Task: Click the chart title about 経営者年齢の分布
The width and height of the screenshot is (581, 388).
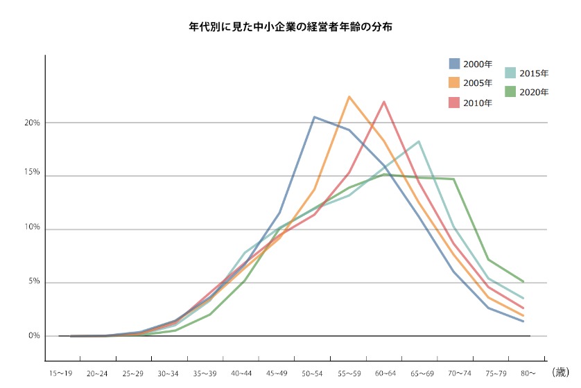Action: (290, 28)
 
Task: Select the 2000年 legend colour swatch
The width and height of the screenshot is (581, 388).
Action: (454, 64)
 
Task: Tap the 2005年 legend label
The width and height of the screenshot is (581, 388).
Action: (478, 83)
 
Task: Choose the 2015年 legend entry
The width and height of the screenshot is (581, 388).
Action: (526, 73)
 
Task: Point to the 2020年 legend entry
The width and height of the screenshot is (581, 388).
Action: (526, 91)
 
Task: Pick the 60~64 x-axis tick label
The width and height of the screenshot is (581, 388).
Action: (385, 374)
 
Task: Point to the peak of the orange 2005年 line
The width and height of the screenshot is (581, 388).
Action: (349, 96)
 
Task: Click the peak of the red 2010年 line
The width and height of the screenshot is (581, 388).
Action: (384, 102)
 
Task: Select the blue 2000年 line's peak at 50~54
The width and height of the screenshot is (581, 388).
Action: (314, 117)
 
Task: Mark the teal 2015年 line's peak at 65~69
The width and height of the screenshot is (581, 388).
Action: (419, 141)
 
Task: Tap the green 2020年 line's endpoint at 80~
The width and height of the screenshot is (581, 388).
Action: (523, 281)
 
